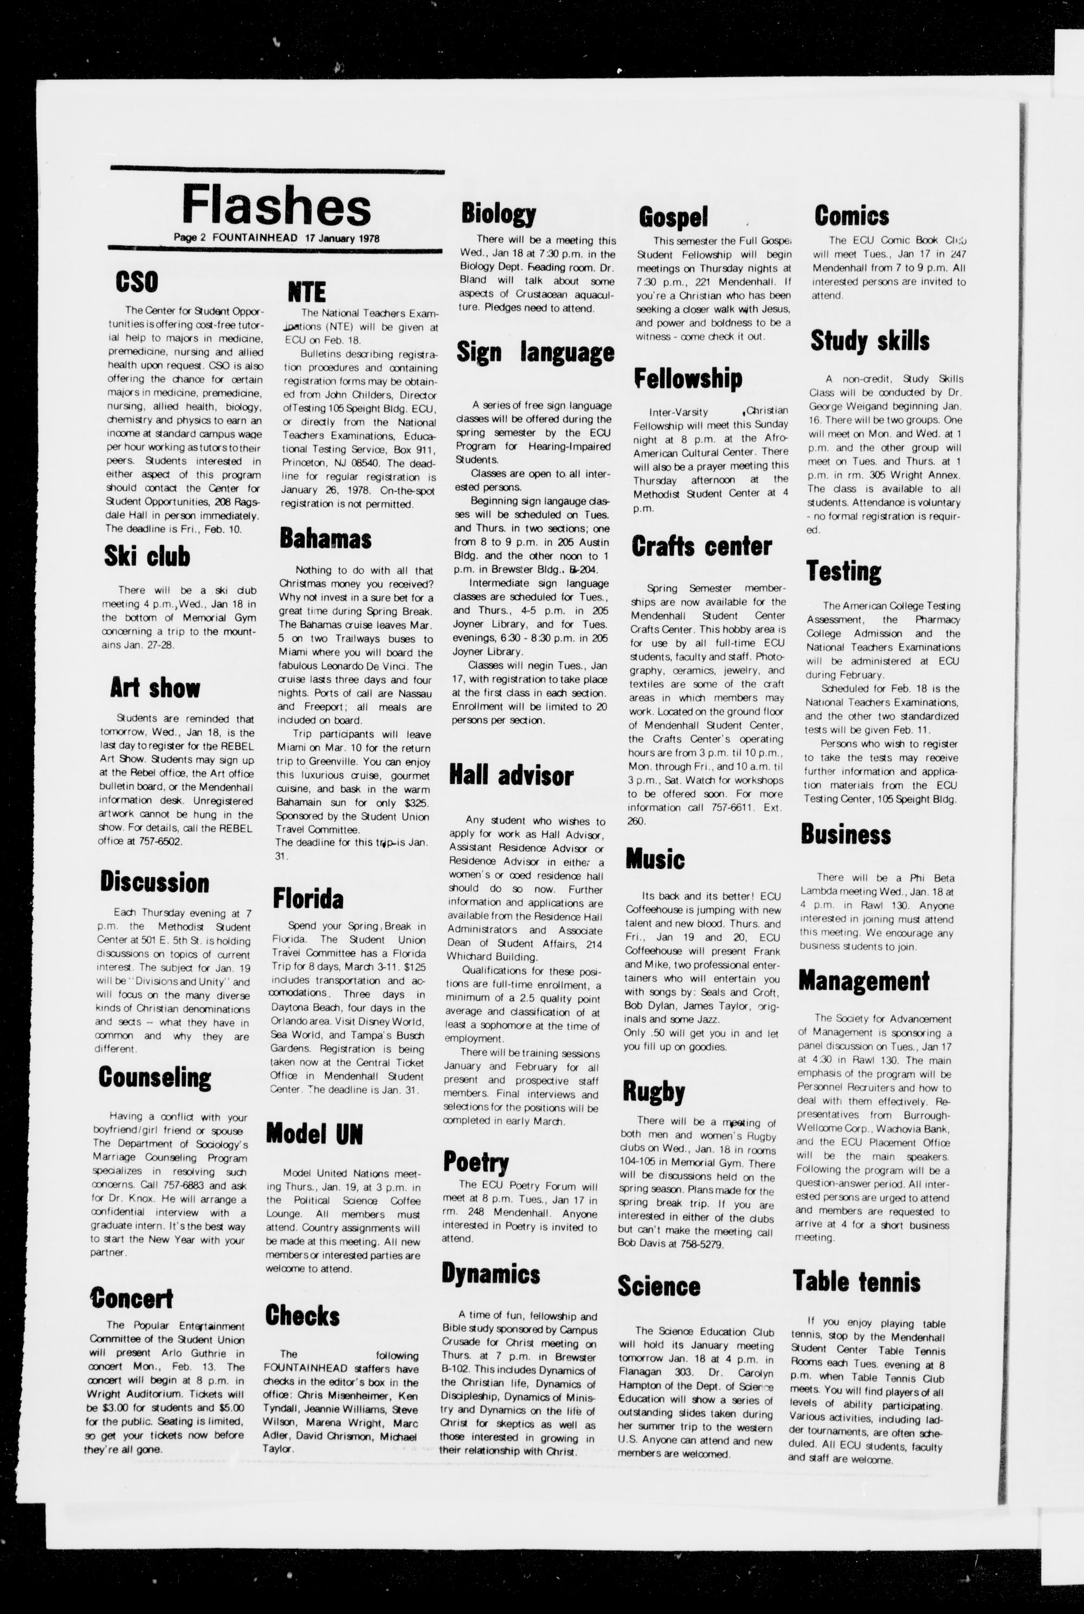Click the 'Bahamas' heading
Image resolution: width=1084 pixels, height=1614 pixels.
tap(325, 539)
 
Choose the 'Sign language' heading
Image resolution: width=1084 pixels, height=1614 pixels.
tap(535, 352)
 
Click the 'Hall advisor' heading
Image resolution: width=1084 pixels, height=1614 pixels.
tap(511, 775)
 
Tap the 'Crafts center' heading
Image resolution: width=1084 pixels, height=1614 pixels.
tap(702, 546)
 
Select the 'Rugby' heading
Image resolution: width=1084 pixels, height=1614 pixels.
tap(653, 1092)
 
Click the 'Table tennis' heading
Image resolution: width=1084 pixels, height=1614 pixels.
tap(856, 1281)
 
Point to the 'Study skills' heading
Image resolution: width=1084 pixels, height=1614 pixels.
tap(870, 341)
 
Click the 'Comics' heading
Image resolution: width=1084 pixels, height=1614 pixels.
tap(851, 216)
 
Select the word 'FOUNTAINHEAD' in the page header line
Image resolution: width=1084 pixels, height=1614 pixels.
tap(255, 237)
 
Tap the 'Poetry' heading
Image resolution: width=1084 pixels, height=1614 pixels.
tap(476, 1163)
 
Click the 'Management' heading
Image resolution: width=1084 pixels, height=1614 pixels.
tap(864, 981)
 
